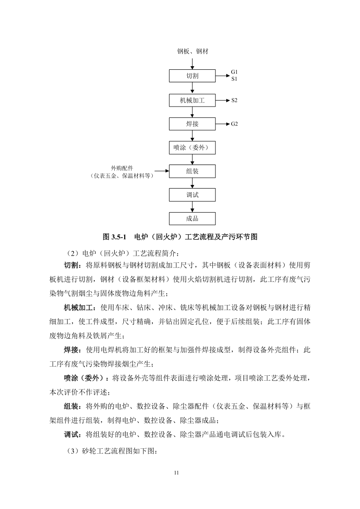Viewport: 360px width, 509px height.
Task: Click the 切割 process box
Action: pos(192,76)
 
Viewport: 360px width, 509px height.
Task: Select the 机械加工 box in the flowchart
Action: pos(192,100)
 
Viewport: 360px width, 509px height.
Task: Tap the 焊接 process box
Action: pos(192,124)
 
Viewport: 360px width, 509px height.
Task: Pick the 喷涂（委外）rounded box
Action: pos(192,147)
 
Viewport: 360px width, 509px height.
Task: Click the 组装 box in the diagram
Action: pos(192,171)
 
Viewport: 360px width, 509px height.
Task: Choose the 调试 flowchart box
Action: pos(192,195)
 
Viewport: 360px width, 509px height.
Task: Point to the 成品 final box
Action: pos(192,218)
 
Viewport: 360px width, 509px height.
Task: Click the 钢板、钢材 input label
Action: pos(192,52)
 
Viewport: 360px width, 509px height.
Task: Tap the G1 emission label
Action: pos(234,72)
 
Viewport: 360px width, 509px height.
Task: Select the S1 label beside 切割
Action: pos(234,79)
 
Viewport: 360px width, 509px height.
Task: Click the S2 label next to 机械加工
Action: pos(234,100)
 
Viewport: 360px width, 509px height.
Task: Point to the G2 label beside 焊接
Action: pos(234,124)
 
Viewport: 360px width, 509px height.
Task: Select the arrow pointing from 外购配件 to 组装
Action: pos(161,171)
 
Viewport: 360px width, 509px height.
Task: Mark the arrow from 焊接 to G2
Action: pos(222,124)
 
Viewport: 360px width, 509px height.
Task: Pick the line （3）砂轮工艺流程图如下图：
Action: pos(112,451)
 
